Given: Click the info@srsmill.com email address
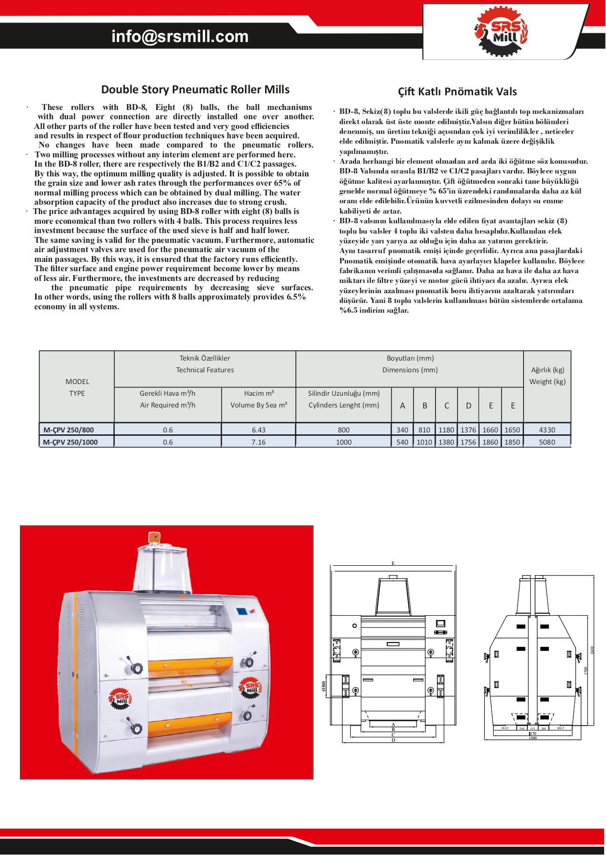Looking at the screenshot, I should (180, 37).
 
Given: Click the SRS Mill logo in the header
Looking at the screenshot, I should (500, 32).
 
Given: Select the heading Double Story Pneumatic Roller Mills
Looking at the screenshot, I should (195, 89).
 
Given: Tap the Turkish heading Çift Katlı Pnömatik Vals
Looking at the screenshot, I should (457, 91).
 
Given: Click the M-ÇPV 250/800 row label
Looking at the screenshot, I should (69, 430).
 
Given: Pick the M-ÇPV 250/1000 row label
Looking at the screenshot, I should (71, 442).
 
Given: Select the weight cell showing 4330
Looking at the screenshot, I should (547, 430).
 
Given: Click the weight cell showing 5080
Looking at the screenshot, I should (547, 442).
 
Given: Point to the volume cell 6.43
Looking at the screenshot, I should (258, 430).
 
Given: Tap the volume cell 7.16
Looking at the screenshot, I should (258, 442).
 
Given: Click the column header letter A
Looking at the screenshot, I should (402, 406).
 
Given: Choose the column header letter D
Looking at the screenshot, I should (468, 406).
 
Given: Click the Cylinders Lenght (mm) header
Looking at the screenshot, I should (344, 405).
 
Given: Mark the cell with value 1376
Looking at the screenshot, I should (468, 430).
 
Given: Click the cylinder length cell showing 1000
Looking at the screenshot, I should (344, 442).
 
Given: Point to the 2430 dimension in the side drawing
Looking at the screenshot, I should (592, 650).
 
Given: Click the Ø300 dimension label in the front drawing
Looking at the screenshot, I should (324, 686).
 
